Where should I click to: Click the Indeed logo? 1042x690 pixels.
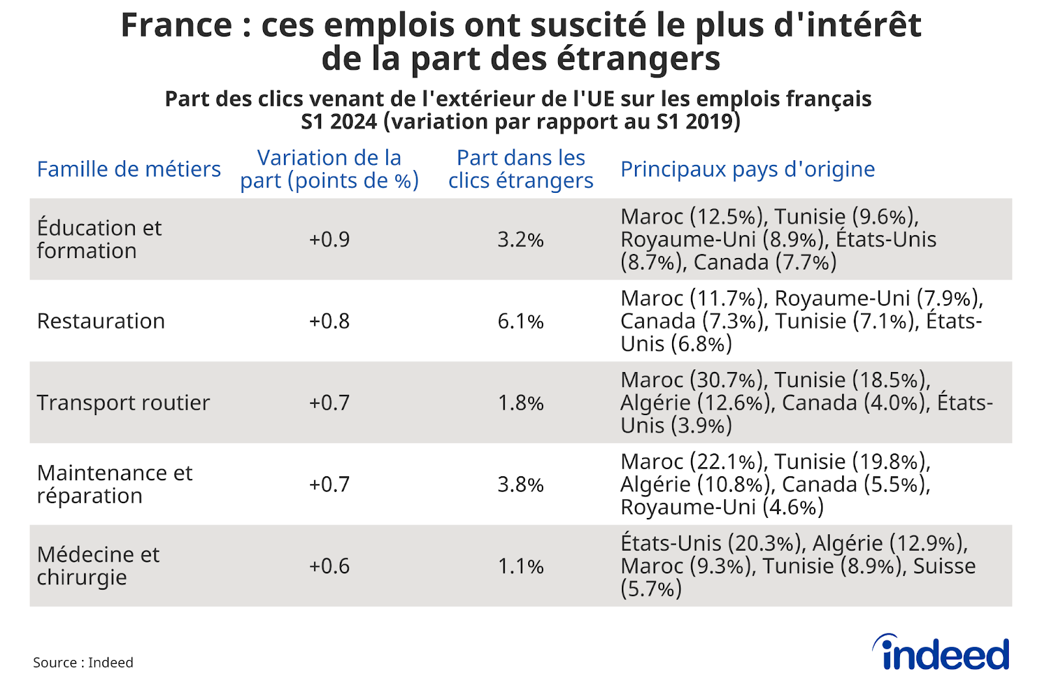[x=941, y=654]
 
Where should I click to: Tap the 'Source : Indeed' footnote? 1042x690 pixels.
[x=83, y=663]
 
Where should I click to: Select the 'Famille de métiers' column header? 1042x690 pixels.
[x=129, y=169]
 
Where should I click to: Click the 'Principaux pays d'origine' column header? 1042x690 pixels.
[x=747, y=169]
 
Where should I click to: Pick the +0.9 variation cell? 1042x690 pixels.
[x=329, y=240]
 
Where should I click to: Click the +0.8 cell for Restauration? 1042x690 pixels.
[x=329, y=321]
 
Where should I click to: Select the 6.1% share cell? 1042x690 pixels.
[x=520, y=321]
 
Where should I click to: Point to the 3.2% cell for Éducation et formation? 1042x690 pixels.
[x=520, y=240]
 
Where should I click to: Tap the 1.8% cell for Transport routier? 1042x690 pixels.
[x=520, y=403]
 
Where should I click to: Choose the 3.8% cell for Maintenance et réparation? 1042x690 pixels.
[x=520, y=485]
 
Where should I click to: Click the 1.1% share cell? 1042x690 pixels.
[x=520, y=566]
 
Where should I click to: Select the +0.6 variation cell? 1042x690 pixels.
[x=329, y=566]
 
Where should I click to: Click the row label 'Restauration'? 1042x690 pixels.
[x=101, y=321]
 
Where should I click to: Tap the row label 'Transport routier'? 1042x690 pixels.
[x=123, y=403]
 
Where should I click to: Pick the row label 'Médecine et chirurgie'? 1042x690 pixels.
[x=98, y=566]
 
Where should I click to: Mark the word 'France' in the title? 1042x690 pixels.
[x=176, y=26]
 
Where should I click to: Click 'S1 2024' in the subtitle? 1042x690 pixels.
[x=339, y=122]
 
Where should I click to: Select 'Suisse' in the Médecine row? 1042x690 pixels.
[x=944, y=566]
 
